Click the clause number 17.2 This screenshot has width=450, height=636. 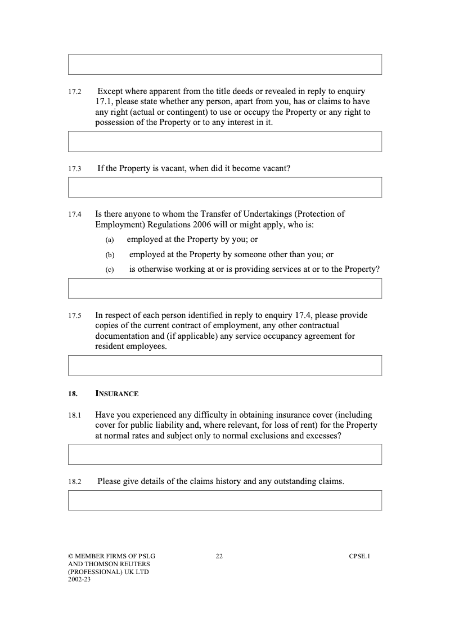(x=75, y=92)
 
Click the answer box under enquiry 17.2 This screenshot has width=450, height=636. (x=225, y=141)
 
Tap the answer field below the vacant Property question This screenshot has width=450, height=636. (x=225, y=187)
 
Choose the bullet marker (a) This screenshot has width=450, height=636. (x=110, y=240)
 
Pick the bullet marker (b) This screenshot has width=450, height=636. (x=110, y=255)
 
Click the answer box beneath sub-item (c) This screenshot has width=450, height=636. (x=225, y=288)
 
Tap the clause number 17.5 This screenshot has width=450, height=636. (x=75, y=316)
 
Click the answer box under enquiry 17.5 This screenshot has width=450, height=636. (x=225, y=365)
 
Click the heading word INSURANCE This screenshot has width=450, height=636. (x=117, y=393)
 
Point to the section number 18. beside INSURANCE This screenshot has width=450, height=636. (x=73, y=393)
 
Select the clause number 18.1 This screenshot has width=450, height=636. (x=75, y=415)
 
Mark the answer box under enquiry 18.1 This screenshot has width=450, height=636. (x=225, y=454)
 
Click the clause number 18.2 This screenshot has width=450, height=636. (x=75, y=482)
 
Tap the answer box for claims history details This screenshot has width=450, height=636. (x=225, y=500)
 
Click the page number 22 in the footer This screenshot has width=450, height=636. (x=219, y=557)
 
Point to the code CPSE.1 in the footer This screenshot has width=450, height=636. (x=359, y=557)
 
